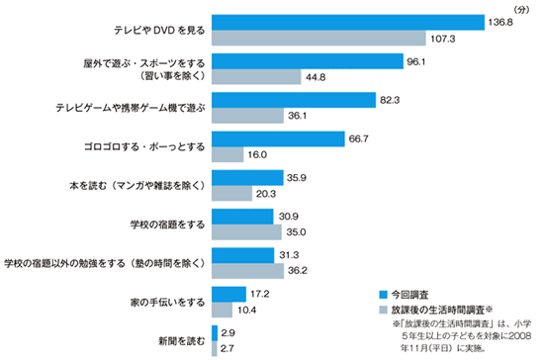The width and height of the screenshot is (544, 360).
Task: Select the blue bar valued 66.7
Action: pos(278,138)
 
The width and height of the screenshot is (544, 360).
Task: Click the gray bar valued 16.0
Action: pos(227,155)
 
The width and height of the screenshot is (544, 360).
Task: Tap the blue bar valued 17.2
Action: pos(228,294)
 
